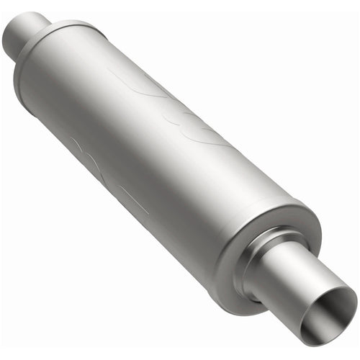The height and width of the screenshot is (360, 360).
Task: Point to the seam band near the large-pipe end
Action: coord(284,209)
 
